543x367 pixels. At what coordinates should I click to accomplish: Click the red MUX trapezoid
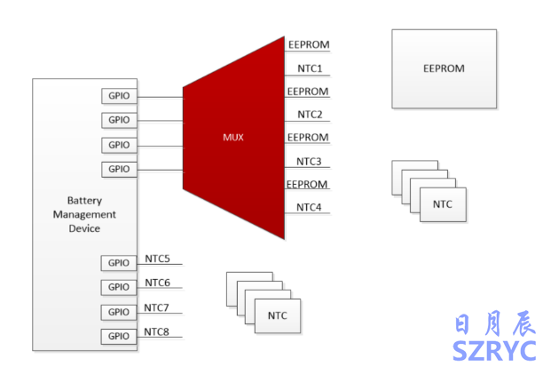[x=233, y=138]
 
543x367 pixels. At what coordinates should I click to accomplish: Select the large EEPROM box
[x=444, y=68]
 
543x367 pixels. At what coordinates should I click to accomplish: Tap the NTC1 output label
[x=310, y=68]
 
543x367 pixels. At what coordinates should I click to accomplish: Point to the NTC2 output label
[x=310, y=115]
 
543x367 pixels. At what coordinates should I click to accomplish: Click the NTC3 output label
[x=310, y=162]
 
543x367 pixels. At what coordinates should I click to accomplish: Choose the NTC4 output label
[x=310, y=208]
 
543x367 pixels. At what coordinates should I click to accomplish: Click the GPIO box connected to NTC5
[x=119, y=262]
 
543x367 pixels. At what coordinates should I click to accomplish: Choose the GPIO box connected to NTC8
[x=119, y=336]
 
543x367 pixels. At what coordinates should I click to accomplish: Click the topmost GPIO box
[x=119, y=95]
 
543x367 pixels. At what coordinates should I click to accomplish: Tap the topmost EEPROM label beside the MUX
[x=309, y=44]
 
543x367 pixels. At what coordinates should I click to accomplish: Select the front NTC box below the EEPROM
[x=442, y=204]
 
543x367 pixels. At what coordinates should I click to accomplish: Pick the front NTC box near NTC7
[x=277, y=316]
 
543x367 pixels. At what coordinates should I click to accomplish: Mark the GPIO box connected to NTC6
[x=119, y=287]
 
